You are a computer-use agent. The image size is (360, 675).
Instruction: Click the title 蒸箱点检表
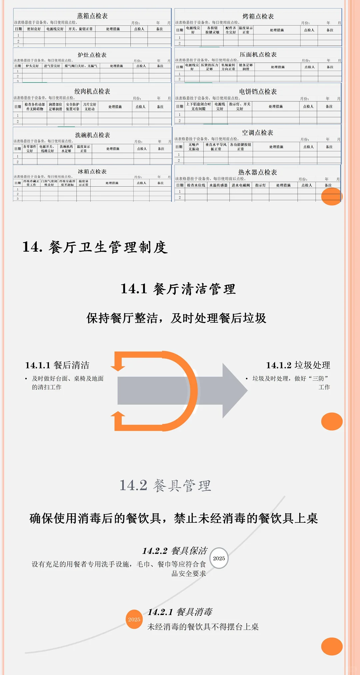click(92, 16)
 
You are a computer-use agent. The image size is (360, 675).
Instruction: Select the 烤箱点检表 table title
click(258, 16)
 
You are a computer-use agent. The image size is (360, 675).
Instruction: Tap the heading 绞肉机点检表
click(92, 91)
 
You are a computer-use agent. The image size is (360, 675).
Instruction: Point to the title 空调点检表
click(257, 133)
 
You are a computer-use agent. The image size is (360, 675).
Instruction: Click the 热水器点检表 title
click(257, 172)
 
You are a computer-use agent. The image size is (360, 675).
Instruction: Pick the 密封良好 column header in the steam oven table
click(34, 29)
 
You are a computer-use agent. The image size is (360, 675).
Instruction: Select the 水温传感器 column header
click(218, 185)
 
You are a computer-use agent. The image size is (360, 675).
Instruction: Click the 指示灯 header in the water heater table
click(260, 185)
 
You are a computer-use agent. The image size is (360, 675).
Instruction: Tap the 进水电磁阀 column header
click(241, 185)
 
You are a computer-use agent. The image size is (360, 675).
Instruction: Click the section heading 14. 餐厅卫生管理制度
click(95, 247)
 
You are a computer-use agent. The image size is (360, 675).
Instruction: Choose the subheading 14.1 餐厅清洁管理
click(178, 289)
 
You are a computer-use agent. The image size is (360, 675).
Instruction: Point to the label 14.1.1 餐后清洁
click(57, 365)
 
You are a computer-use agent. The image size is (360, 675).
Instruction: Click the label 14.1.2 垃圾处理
click(298, 365)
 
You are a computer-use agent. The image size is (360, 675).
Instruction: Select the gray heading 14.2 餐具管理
click(165, 486)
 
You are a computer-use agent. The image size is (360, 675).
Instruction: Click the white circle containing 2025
click(219, 558)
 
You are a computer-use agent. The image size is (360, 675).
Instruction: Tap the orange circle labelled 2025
click(134, 619)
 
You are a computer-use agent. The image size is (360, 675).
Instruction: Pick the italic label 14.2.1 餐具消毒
click(180, 612)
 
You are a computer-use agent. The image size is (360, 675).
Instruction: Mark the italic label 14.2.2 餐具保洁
click(175, 551)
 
